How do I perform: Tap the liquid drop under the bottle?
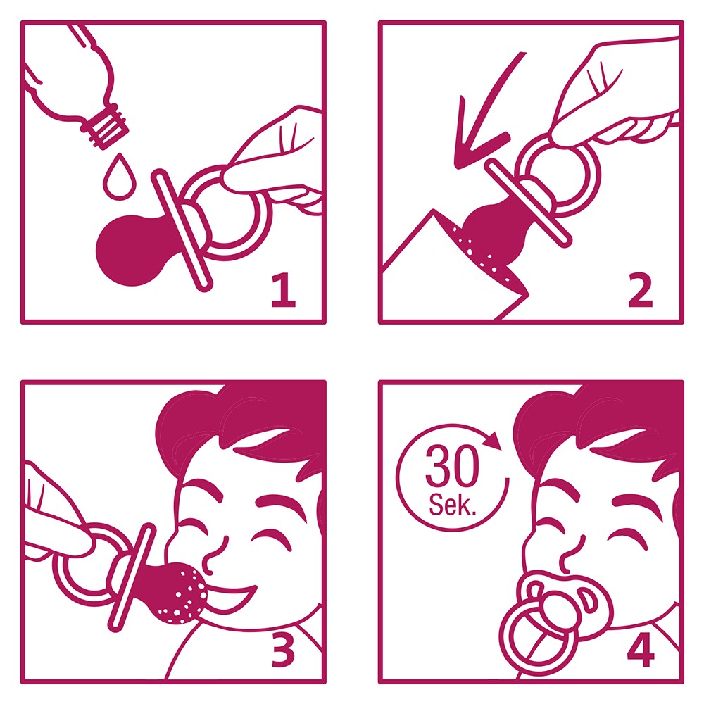(120, 177)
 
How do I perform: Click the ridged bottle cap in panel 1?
(105, 126)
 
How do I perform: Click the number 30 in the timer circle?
(452, 465)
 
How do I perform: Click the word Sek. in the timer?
(452, 505)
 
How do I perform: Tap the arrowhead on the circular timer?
(493, 441)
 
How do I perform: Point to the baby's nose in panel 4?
(571, 555)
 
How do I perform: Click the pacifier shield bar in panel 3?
(132, 577)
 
